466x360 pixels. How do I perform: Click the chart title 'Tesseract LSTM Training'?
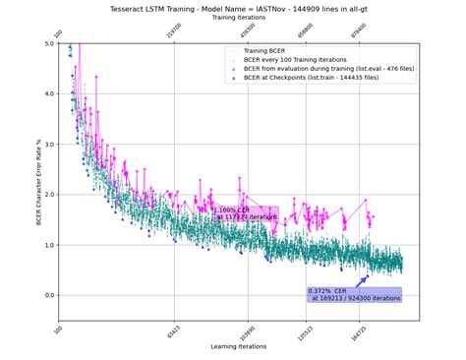pos(233,8)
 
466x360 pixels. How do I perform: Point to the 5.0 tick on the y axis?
pos(50,44)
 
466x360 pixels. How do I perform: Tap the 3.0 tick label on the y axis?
pos(50,145)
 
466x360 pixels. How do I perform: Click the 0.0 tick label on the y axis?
pos(50,295)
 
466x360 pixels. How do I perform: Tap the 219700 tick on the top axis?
pos(175,32)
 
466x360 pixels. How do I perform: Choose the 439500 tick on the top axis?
pos(250,32)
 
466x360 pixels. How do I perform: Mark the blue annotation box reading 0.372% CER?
pos(354,294)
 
